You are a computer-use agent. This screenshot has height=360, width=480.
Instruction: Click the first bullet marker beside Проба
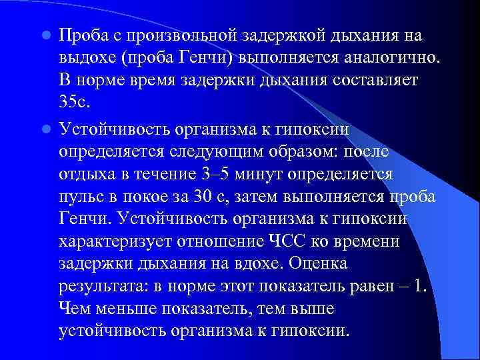click(x=47, y=35)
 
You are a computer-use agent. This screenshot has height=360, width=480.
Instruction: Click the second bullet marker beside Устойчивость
click(x=47, y=128)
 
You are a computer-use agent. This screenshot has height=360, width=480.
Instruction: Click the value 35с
click(x=77, y=103)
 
